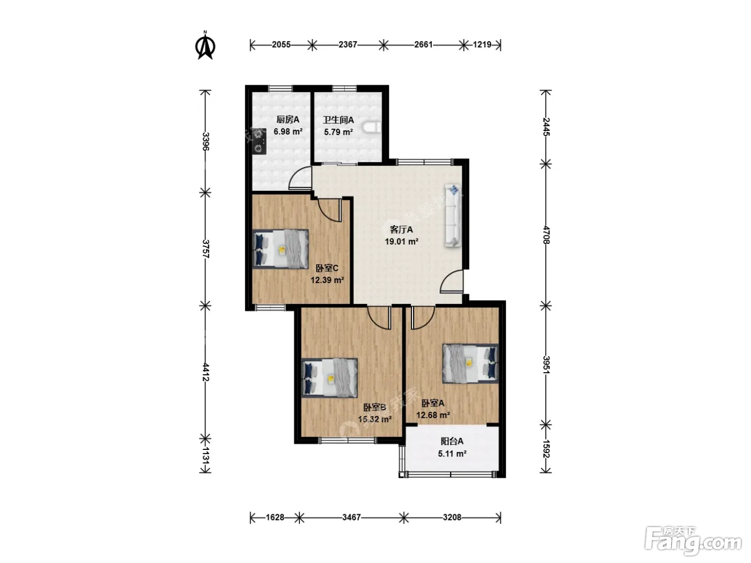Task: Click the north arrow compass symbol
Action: pos(205,45)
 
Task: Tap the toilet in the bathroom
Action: pos(372,127)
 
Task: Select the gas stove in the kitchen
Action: pos(259,142)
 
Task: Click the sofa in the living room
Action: pos(453,215)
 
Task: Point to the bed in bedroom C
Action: pos(281,248)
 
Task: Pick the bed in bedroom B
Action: pos(329,377)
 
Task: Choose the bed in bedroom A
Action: pos(470,364)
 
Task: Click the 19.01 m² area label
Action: pos(401,242)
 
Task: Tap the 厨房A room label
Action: pos(288,120)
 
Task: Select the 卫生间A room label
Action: pos(338,120)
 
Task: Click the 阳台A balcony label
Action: pos(452,441)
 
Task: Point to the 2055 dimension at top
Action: pos(281,45)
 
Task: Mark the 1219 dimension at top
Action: pos(482,45)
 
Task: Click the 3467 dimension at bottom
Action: pos(351,517)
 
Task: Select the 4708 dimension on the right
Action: pos(546,234)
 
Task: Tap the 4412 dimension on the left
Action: pos(205,372)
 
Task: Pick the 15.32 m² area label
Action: pos(374,419)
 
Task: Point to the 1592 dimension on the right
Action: pos(546,449)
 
